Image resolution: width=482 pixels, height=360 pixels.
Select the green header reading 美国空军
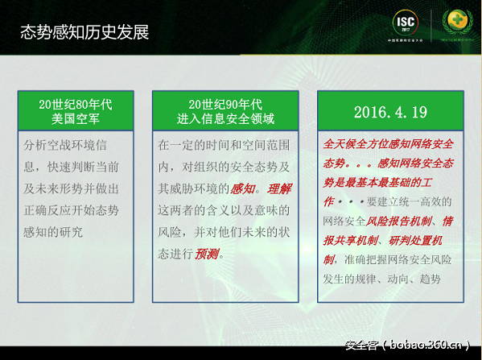click(75, 119)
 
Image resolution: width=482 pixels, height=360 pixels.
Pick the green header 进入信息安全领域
click(225, 119)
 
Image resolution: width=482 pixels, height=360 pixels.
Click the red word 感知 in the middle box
click(245, 189)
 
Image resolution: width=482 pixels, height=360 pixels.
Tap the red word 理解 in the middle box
click(280, 189)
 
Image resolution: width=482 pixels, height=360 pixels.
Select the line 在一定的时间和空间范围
click(225, 146)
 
